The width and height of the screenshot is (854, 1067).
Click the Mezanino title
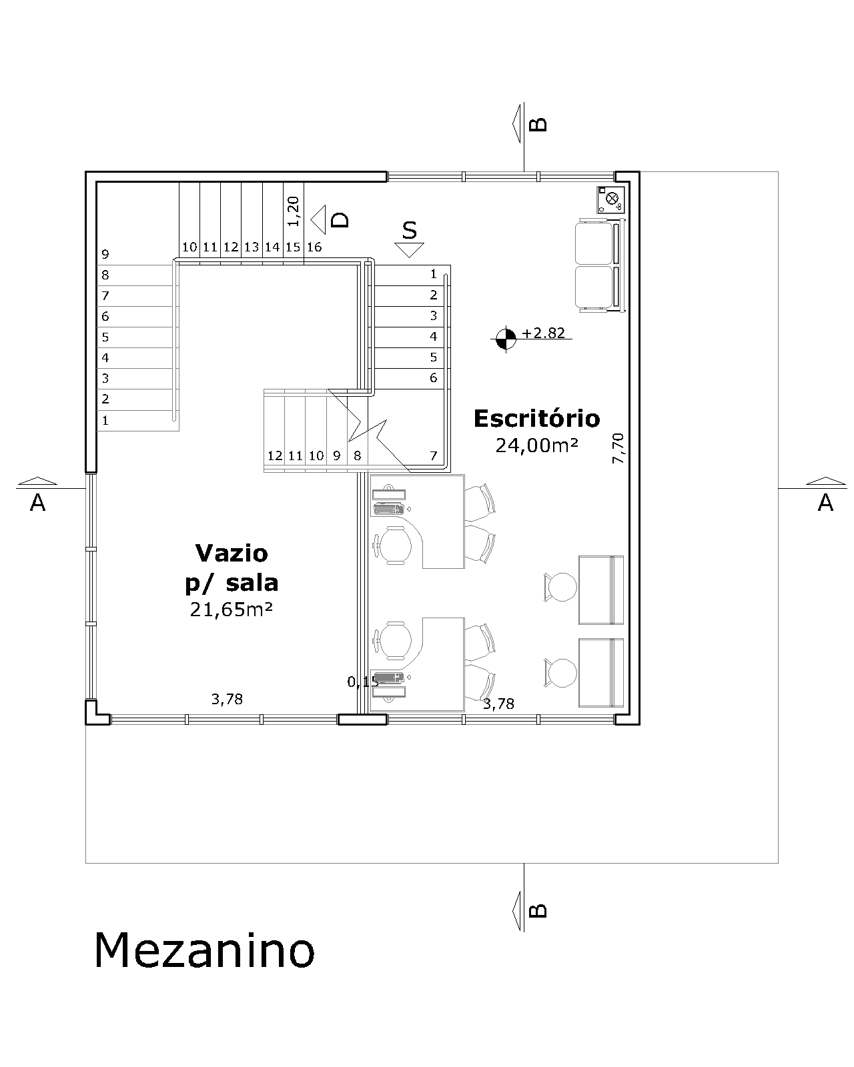(204, 950)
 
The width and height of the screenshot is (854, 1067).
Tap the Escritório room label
(536, 418)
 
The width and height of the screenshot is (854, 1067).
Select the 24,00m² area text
(537, 445)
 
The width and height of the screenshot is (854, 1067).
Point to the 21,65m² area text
(232, 610)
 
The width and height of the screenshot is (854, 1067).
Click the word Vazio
(232, 553)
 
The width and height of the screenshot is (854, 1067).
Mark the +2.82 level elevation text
(543, 332)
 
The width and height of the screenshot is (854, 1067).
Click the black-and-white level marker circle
(506, 339)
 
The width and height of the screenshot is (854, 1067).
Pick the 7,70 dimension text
(618, 448)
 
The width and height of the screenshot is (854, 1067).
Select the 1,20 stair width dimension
(294, 211)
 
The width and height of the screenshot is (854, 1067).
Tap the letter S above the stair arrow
(410, 230)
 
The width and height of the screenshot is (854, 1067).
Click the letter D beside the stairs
(340, 219)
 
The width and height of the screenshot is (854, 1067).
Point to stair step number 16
(314, 247)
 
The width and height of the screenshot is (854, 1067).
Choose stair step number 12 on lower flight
(275, 455)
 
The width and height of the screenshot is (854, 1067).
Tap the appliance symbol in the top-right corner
(610, 200)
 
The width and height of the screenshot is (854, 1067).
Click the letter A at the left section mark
(38, 503)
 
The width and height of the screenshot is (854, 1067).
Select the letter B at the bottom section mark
(538, 911)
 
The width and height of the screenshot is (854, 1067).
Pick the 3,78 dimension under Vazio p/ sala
(227, 699)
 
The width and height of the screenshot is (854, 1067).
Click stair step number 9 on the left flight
(105, 254)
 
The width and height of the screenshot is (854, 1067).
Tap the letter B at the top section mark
(538, 124)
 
